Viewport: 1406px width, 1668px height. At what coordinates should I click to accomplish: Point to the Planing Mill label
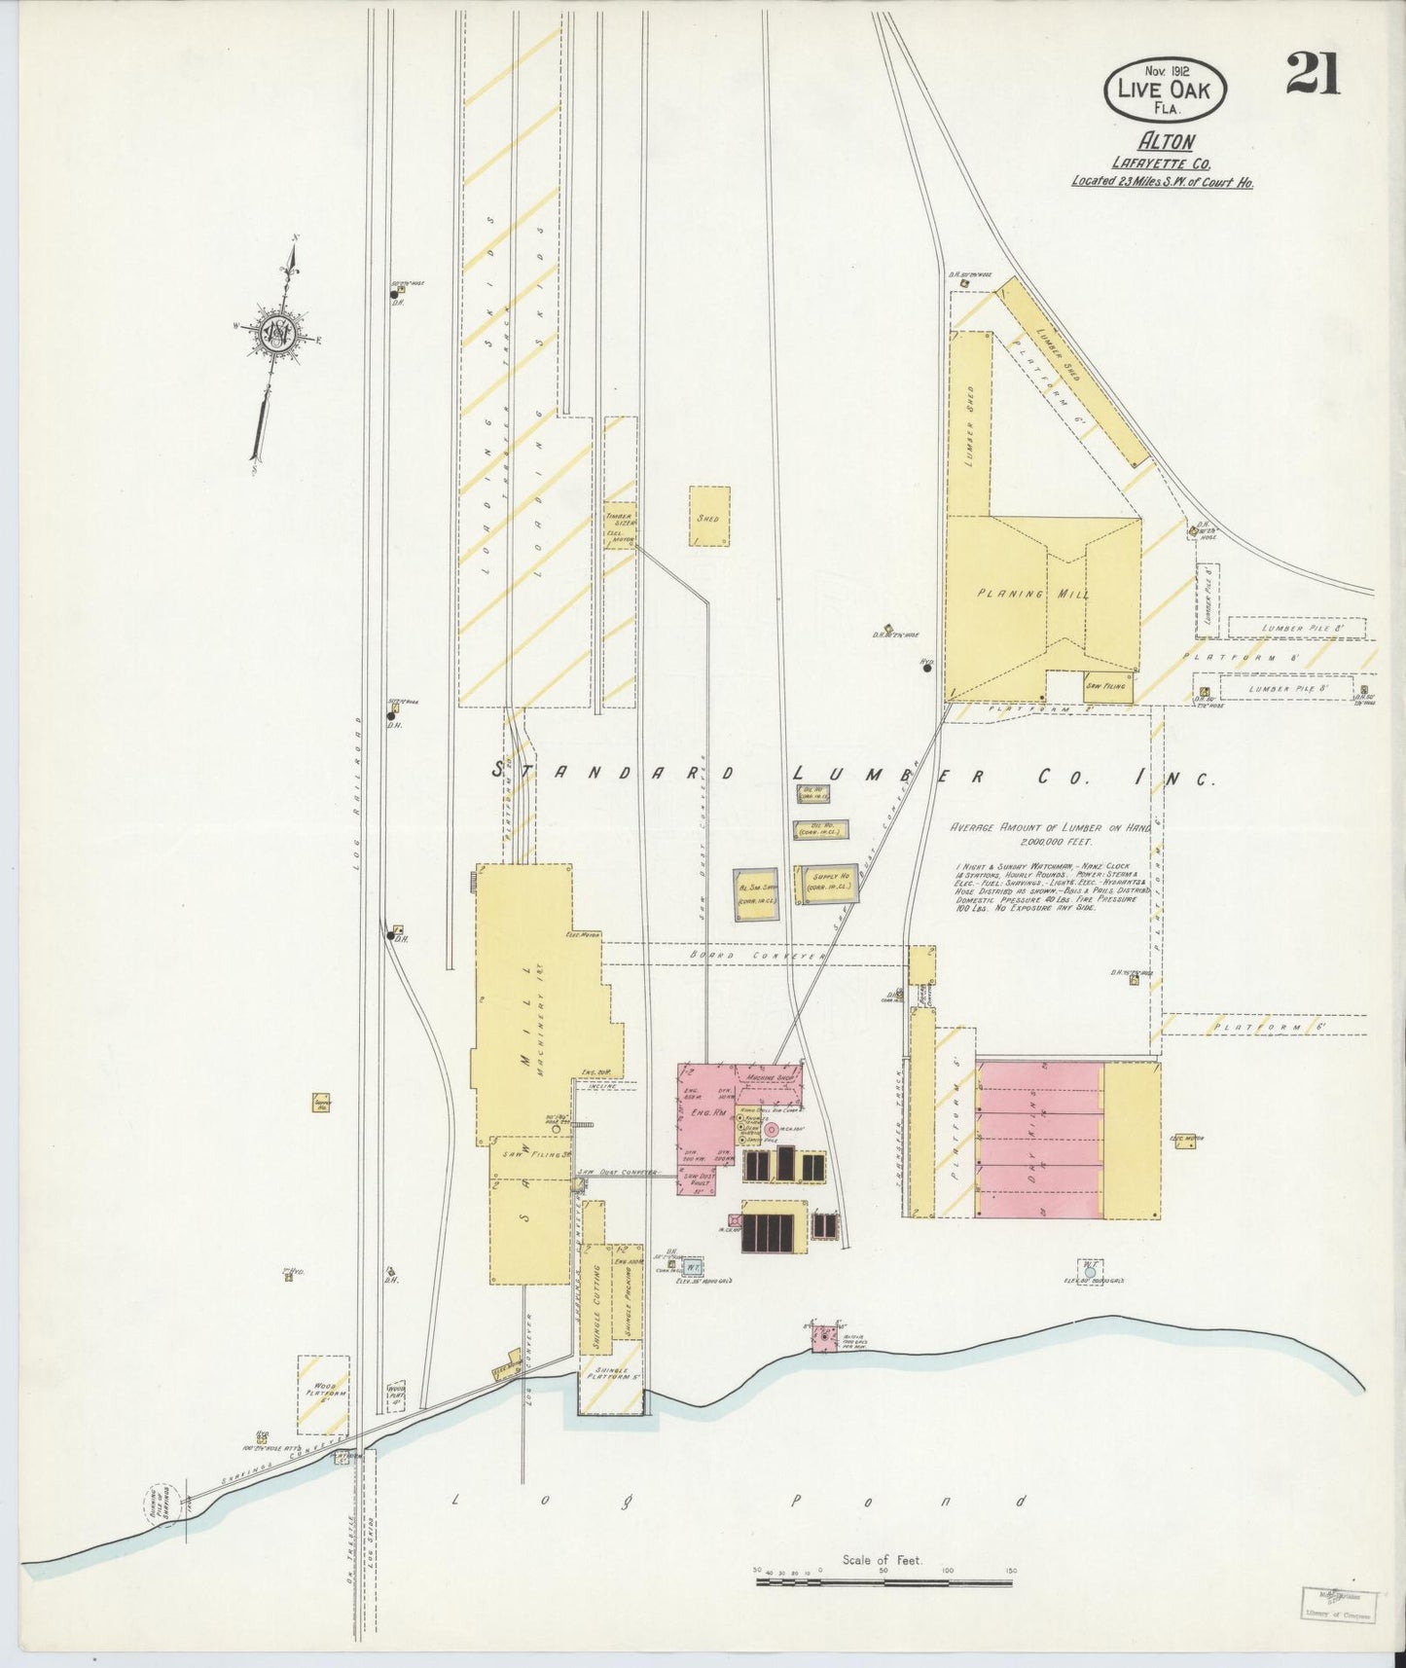point(1032,594)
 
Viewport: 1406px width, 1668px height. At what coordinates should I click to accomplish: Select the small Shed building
point(709,516)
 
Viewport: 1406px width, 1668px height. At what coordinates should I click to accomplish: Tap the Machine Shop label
point(766,1079)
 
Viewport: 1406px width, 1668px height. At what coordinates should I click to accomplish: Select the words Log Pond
point(739,1500)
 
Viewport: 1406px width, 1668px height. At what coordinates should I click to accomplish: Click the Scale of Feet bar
point(883,1582)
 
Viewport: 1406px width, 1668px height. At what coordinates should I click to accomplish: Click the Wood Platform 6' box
point(323,1394)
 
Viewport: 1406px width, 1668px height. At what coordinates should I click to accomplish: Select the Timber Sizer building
point(620,525)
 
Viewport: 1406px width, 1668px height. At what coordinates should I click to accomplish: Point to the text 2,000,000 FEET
point(1056,841)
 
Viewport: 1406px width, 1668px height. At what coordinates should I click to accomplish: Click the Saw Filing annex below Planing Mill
point(1107,685)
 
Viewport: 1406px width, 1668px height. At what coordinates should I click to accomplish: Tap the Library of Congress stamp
point(1339,1605)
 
